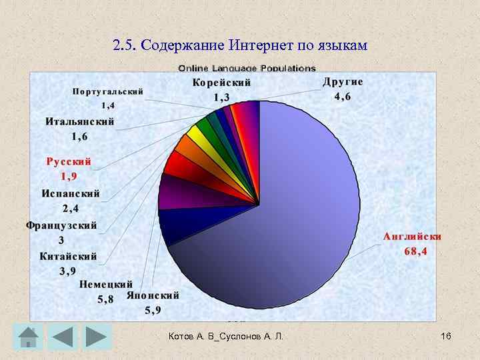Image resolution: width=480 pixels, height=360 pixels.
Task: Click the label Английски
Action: pos(412,237)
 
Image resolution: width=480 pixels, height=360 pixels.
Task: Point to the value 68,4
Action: pos(415,251)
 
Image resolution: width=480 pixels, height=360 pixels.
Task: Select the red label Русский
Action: pos(69,161)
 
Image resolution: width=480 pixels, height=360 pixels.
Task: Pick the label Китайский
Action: pos(68,256)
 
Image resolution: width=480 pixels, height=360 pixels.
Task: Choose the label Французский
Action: pos(61,225)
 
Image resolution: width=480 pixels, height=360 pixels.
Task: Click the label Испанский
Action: pos(71,194)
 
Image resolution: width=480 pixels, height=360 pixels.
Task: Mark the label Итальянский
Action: pos(80,122)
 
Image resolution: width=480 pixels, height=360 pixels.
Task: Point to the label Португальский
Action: pos(108,91)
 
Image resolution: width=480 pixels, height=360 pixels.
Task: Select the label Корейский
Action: pos(221,83)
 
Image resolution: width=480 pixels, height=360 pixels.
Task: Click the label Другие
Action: pos(343,82)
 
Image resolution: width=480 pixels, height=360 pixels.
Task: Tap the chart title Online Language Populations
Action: pos(246,68)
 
